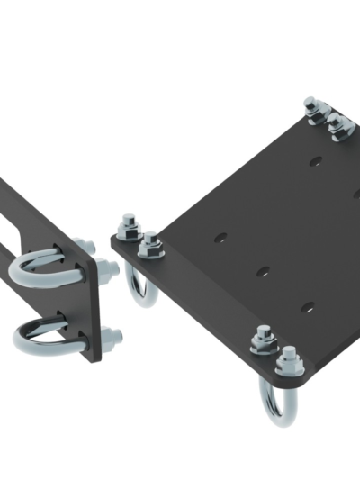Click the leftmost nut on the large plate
point(129,224)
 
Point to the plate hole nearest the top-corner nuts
point(315,163)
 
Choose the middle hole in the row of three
point(262,271)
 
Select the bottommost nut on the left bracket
point(113,340)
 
